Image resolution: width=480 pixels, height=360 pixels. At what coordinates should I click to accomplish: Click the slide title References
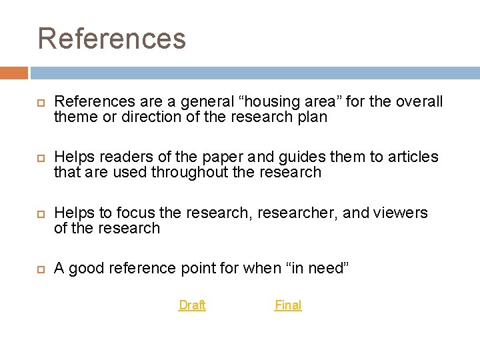pyautogui.click(x=111, y=38)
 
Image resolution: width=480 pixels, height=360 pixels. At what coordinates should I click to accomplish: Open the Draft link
pyautogui.click(x=192, y=305)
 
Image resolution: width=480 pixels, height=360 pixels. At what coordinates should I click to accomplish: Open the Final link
pyautogui.click(x=288, y=305)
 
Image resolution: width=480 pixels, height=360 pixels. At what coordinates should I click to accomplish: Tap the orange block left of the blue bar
pyautogui.click(x=14, y=73)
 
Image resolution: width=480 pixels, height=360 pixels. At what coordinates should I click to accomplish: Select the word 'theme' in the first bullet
pyautogui.click(x=75, y=117)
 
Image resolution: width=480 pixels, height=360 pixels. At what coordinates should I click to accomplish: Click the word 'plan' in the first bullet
pyautogui.click(x=311, y=117)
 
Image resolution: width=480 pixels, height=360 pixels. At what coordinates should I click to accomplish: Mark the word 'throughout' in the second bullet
pyautogui.click(x=189, y=172)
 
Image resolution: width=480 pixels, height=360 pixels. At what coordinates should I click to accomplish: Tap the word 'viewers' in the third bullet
pyautogui.click(x=402, y=213)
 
